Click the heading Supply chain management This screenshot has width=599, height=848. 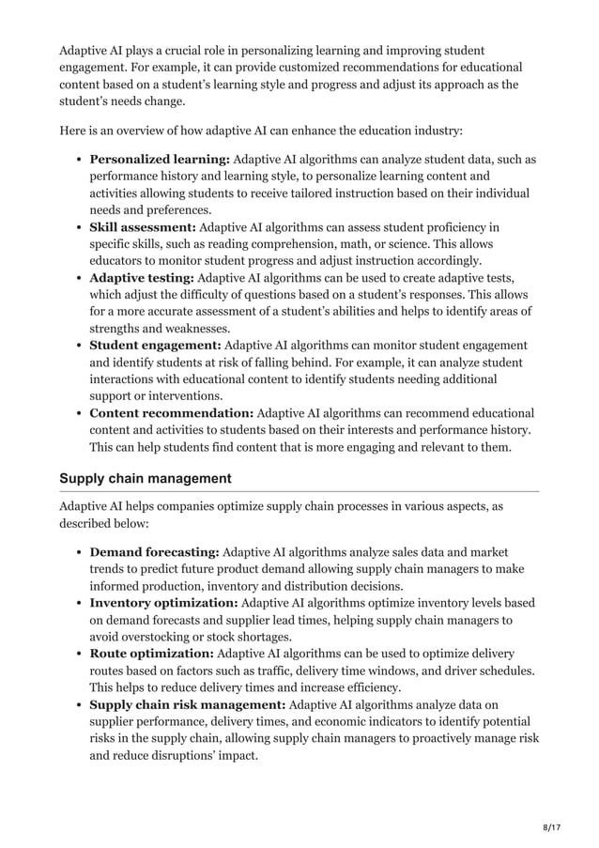pos(145,479)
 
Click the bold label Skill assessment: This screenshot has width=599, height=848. pos(143,226)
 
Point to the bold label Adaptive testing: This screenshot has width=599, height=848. pos(141,277)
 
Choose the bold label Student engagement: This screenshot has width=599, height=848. pos(155,345)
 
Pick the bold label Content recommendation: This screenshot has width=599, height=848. pos(171,412)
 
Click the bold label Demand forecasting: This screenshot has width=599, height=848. pos(154,552)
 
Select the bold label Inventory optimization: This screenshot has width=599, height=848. pos(164,603)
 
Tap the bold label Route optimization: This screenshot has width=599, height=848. pos(151,654)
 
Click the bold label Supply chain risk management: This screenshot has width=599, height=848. pos(187,704)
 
